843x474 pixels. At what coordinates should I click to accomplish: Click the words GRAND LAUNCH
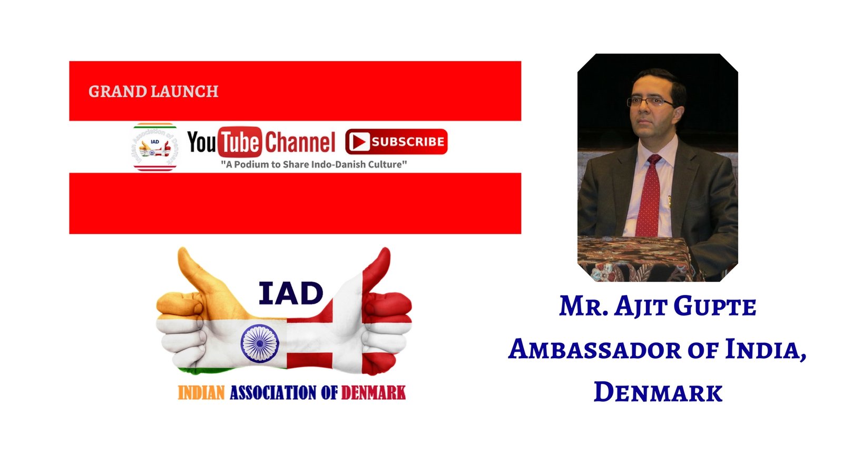153,92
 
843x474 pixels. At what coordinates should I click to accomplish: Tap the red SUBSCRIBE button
396,142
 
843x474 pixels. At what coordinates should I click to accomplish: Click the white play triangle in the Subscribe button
359,142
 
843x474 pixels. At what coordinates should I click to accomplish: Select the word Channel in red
300,142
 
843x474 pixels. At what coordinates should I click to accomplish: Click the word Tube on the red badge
239,142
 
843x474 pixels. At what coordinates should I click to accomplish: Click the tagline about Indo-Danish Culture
314,164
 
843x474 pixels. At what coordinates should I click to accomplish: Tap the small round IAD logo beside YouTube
155,147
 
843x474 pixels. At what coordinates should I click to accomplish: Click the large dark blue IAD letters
291,293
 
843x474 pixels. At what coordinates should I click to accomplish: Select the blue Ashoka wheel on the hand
260,343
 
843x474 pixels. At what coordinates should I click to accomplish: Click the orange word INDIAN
201,393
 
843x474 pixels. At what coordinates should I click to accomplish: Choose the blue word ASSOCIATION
273,393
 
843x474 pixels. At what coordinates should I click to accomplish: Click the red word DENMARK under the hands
374,393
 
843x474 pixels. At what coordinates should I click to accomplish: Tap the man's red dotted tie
649,195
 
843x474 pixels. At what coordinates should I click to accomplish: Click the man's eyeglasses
650,102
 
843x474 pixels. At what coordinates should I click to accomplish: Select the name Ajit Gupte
685,307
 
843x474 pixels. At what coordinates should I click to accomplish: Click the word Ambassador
595,350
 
